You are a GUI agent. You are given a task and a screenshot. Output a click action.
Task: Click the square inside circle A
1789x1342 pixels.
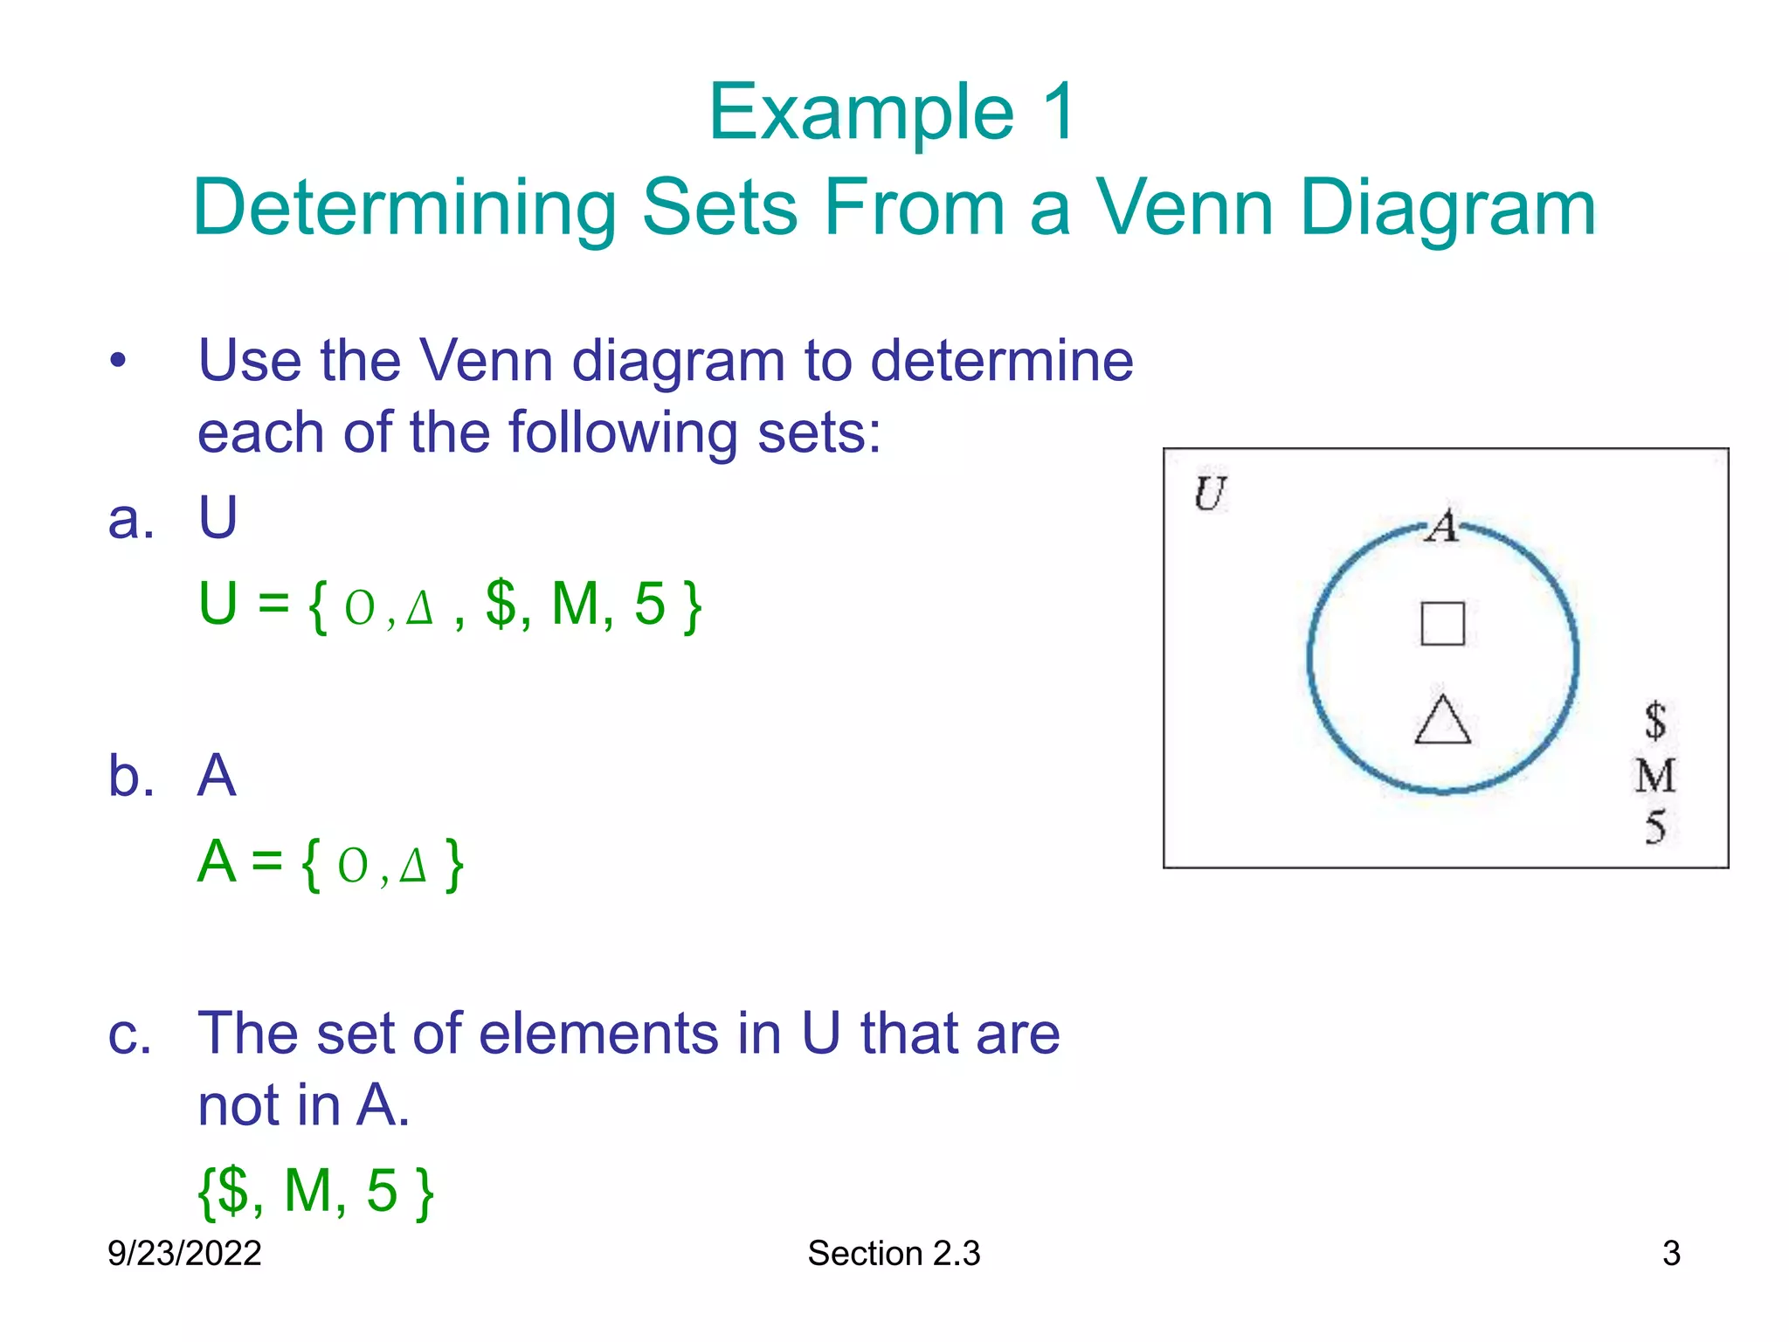[1442, 623]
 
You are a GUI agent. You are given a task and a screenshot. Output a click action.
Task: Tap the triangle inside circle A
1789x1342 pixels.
[1442, 721]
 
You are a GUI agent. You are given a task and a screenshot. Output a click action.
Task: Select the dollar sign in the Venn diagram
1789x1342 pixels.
[1654, 721]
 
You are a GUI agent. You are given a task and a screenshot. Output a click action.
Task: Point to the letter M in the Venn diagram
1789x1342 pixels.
[1655, 776]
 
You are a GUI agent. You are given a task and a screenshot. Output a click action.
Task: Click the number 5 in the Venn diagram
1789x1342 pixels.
[1655, 827]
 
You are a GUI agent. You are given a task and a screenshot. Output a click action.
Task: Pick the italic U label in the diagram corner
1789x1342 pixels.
[1210, 494]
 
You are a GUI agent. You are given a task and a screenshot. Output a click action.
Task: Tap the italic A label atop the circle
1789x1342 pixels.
[1442, 526]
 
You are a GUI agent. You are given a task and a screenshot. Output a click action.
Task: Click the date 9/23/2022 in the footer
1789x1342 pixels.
[184, 1253]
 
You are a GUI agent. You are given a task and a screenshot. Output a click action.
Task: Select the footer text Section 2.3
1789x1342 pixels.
[894, 1253]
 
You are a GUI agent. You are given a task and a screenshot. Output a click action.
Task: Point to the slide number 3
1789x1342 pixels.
[1671, 1253]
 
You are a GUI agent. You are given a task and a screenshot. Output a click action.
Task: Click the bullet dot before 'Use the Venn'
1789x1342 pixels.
[119, 361]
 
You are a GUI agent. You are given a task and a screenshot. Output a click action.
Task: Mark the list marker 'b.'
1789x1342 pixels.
[131, 775]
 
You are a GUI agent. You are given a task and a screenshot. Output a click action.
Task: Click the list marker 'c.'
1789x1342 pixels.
[129, 1034]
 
